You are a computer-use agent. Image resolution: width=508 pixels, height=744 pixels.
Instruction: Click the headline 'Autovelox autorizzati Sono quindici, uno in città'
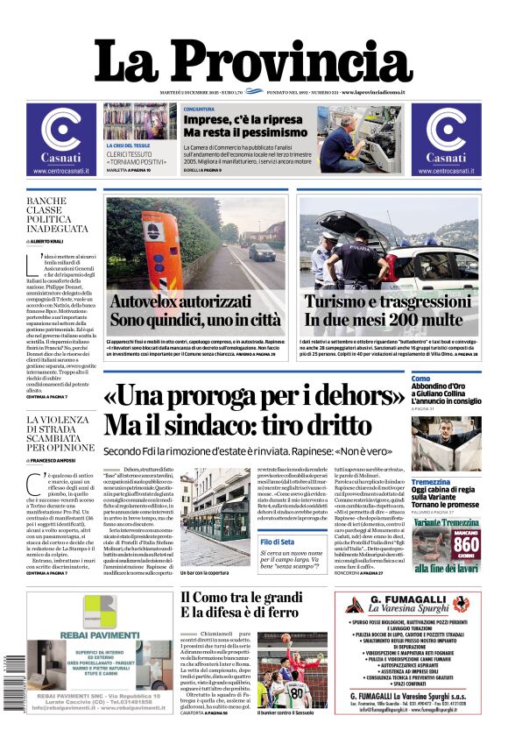(x=195, y=311)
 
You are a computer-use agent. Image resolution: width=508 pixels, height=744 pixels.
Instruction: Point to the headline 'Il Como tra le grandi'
(x=242, y=598)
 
